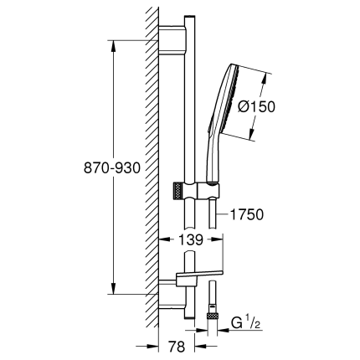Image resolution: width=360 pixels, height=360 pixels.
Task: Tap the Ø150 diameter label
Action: point(282,108)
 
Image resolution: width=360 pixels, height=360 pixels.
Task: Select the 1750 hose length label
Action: point(246,215)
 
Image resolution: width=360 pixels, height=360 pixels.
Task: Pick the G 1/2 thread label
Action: point(244,321)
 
